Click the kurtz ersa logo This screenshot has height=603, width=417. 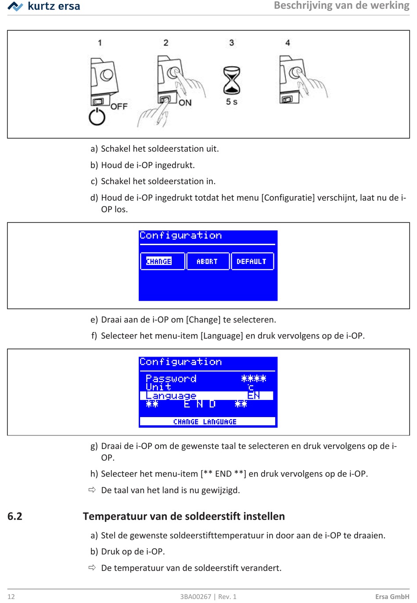click(44, 6)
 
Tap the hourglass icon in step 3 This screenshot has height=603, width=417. click(232, 80)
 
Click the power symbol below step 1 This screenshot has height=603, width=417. click(97, 118)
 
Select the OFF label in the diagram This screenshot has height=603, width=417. click(119, 107)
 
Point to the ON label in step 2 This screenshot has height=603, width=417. click(185, 103)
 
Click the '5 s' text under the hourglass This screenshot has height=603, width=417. click(232, 102)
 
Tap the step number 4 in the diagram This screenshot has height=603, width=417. click(288, 43)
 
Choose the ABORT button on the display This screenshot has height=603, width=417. click(208, 261)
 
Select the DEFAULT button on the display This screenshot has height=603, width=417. click(252, 261)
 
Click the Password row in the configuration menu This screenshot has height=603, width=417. click(171, 378)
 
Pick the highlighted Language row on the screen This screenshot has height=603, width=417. click(206, 396)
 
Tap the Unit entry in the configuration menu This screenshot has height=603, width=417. click(158, 387)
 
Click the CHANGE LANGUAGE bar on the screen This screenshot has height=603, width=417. click(205, 422)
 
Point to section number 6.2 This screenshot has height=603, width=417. click(15, 516)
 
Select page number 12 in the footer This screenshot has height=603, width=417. click(11, 596)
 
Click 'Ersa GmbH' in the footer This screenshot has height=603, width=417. click(392, 596)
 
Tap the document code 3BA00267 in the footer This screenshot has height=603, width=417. click(195, 596)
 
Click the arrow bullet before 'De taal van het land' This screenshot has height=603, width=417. click(92, 490)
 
